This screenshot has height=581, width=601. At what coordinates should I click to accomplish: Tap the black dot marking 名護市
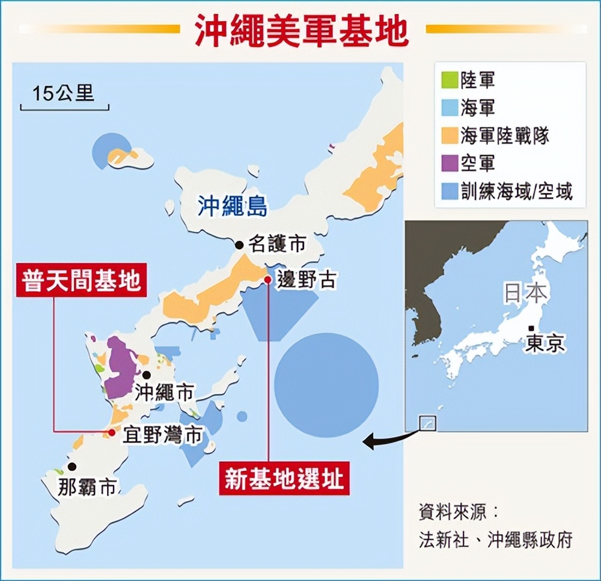(239, 245)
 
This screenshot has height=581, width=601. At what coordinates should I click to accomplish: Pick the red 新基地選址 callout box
(284, 480)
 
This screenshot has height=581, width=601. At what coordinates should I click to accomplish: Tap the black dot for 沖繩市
(146, 375)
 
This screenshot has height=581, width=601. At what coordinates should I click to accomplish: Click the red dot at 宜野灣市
(112, 432)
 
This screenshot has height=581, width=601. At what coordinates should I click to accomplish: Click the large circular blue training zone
(326, 385)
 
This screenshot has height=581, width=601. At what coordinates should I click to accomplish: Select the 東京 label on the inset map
(545, 343)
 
